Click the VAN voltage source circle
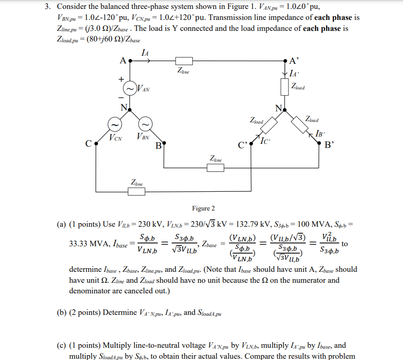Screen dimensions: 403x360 coord(131,89)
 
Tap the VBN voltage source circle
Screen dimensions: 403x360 coord(146,124)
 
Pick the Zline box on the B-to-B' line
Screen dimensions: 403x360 coord(216,167)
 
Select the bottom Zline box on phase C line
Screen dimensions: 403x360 coord(136,191)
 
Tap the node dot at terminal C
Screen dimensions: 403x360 coord(95,143)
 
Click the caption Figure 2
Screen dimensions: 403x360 coord(203,208)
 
